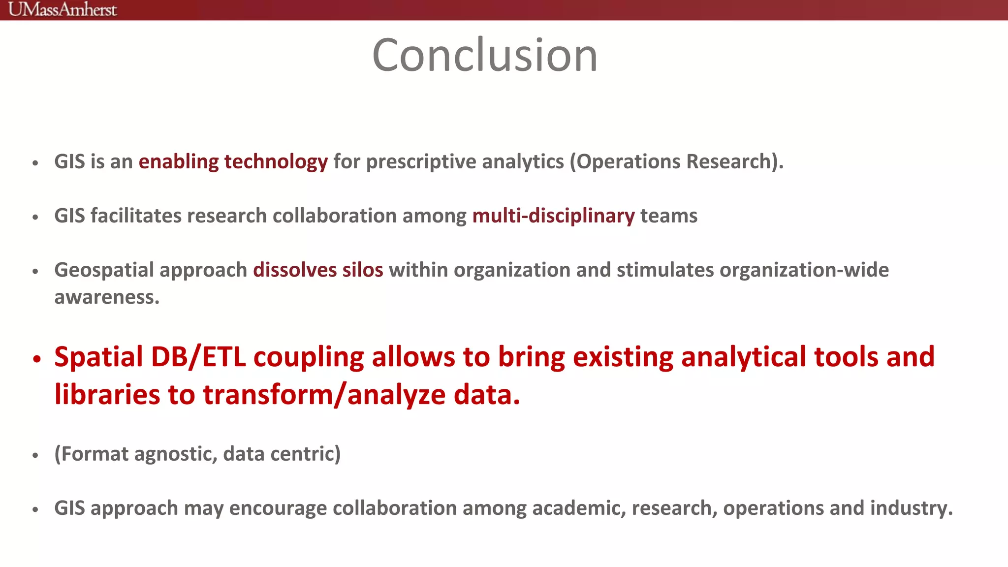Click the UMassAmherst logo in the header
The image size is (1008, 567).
click(63, 9)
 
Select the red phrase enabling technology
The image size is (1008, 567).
click(233, 161)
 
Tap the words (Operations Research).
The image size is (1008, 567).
click(676, 161)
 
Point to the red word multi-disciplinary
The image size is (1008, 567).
click(553, 216)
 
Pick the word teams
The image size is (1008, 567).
click(668, 216)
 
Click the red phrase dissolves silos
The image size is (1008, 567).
click(318, 270)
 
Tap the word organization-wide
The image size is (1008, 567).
click(804, 270)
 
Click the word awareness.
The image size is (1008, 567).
click(107, 297)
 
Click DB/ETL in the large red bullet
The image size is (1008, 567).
click(198, 356)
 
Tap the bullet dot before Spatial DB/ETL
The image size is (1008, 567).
click(36, 359)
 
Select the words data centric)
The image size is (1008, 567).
click(282, 453)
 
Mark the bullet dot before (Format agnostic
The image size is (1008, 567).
click(35, 456)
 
